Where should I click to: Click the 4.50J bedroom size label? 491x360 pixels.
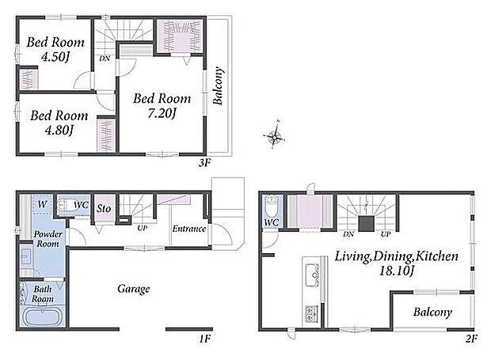click(x=55, y=57)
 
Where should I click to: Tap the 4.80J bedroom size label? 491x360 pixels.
click(x=59, y=130)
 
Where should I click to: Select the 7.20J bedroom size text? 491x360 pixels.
click(x=162, y=113)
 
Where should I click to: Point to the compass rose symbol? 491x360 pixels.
click(x=274, y=136)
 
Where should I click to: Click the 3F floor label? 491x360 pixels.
click(x=205, y=163)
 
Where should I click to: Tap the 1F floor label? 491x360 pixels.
click(x=205, y=339)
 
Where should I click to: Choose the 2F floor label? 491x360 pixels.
click(x=471, y=339)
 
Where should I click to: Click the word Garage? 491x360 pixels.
click(x=134, y=289)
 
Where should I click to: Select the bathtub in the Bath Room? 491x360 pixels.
click(x=42, y=316)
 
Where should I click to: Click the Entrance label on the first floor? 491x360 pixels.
click(x=189, y=229)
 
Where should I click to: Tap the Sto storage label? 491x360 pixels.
click(x=104, y=208)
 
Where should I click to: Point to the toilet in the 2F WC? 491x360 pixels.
click(x=271, y=206)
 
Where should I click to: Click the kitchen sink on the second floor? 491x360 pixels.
click(x=312, y=275)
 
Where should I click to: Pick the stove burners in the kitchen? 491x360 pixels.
click(x=311, y=314)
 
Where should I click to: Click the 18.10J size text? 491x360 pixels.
click(x=397, y=271)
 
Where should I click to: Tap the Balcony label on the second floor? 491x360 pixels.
click(x=432, y=313)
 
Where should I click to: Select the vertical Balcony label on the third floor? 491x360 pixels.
click(x=219, y=85)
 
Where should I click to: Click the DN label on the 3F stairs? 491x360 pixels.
click(x=105, y=59)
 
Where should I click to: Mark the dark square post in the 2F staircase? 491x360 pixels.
click(x=367, y=223)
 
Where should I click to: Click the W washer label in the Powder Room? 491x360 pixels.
click(x=42, y=205)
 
